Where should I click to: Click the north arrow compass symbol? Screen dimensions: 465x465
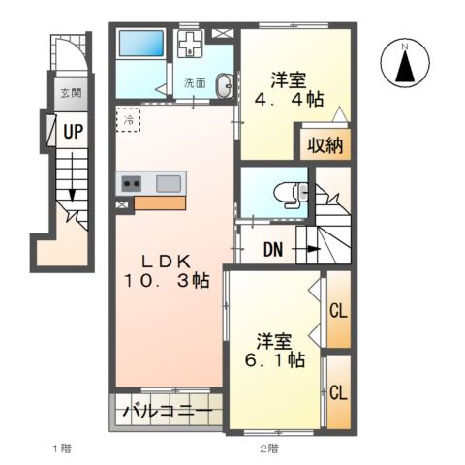(405, 62)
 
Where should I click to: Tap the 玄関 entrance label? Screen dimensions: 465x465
(71, 93)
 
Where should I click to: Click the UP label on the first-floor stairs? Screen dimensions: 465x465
(73, 132)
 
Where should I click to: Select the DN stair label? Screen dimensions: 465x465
(273, 249)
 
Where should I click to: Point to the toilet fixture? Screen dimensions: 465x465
(291, 194)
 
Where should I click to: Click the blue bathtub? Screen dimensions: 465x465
(141, 44)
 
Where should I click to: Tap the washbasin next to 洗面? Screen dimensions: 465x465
(225, 85)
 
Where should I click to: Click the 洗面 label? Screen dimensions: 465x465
(195, 83)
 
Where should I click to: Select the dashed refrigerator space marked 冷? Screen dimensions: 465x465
(128, 120)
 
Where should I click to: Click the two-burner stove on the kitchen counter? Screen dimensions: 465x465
(131, 184)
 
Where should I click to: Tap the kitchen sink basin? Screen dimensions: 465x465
(169, 184)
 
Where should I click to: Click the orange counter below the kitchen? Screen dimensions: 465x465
(160, 202)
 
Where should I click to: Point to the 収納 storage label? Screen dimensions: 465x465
(325, 145)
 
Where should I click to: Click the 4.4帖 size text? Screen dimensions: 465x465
(289, 100)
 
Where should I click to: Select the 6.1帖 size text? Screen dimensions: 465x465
(275, 360)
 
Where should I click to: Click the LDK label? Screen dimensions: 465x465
(167, 262)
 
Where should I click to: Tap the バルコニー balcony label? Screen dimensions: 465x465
(168, 412)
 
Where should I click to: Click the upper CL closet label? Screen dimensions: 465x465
(338, 311)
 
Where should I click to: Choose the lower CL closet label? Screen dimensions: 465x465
(338, 393)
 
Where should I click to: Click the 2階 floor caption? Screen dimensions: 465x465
(268, 449)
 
